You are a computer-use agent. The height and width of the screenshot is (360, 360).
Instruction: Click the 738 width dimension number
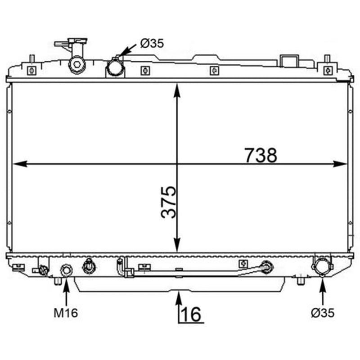tap(261, 155)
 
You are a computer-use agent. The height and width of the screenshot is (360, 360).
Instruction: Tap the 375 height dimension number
tap(169, 202)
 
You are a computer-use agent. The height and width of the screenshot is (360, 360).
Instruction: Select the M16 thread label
tap(66, 313)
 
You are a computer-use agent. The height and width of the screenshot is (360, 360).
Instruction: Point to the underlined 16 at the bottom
tap(191, 314)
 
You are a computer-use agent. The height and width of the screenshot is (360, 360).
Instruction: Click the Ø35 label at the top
tap(152, 43)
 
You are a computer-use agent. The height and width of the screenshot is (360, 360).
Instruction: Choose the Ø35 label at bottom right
tap(323, 313)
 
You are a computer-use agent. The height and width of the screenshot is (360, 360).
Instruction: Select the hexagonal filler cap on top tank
tap(76, 64)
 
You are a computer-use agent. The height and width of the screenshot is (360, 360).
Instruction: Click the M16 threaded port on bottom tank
tap(66, 270)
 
